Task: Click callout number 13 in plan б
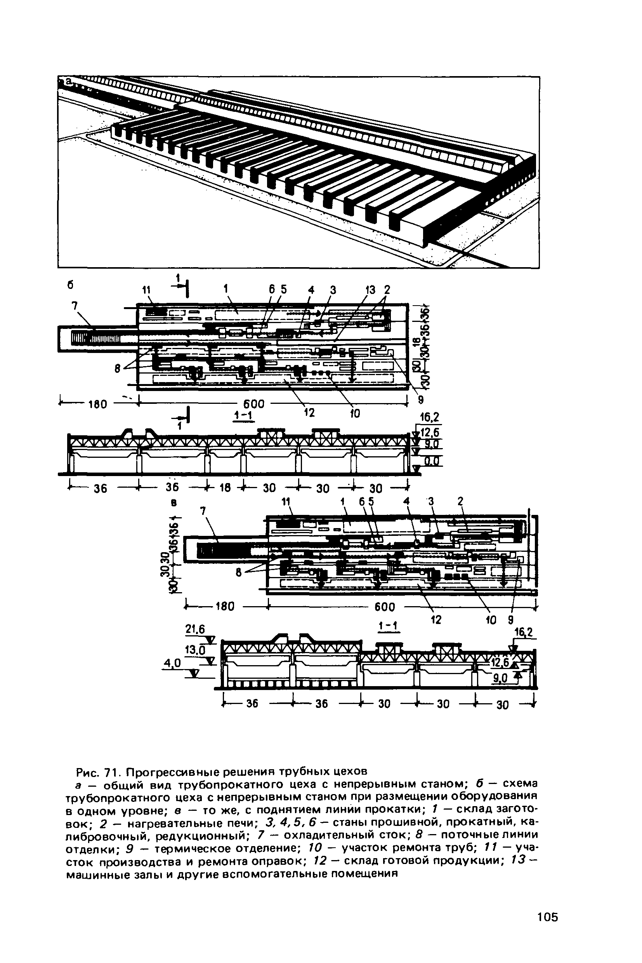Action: [x=370, y=290]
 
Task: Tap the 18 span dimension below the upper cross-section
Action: [x=225, y=487]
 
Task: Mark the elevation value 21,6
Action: [x=195, y=629]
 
